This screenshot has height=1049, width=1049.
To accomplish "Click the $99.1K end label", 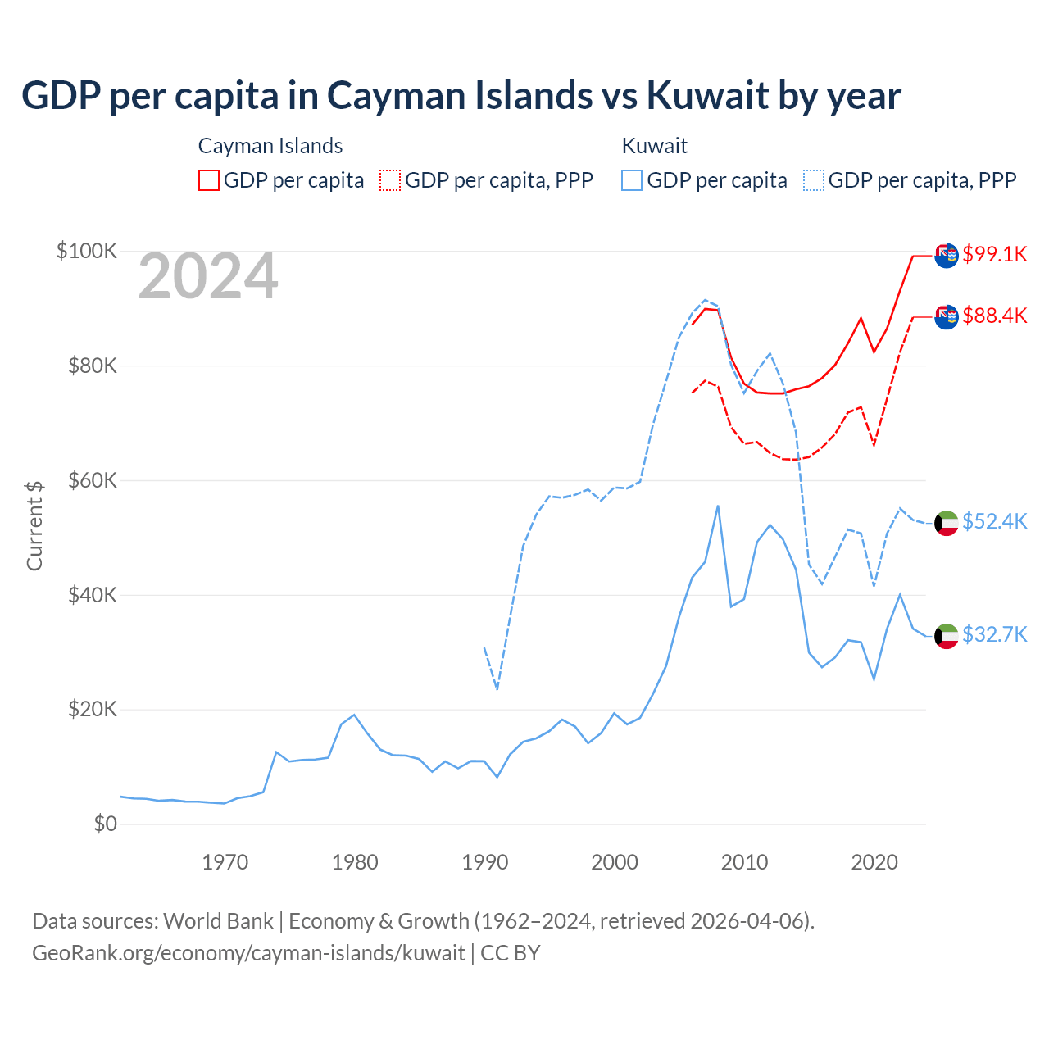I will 994,254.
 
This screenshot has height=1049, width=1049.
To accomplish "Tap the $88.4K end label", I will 994,316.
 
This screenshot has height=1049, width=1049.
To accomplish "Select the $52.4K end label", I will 994,521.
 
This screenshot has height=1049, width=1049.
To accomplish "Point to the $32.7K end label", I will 994,634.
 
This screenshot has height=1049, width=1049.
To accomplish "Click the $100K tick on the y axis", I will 87,251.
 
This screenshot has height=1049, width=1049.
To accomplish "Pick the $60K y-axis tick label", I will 92,480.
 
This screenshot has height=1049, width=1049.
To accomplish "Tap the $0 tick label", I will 105,824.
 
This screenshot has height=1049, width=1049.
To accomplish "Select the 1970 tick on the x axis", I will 225,862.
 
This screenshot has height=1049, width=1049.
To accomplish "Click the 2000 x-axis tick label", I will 615,862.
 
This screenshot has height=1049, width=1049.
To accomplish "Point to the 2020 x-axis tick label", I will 874,862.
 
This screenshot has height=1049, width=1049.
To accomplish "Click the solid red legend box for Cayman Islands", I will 209,180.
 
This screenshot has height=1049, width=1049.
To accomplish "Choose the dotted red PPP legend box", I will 390,180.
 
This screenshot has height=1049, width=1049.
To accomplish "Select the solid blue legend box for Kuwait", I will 632,180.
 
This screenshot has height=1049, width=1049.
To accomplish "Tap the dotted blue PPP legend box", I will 814,180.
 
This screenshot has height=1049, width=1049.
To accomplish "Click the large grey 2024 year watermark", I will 208,277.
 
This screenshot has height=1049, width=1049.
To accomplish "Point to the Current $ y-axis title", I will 34,525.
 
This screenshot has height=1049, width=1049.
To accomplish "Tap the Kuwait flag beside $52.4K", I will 947,522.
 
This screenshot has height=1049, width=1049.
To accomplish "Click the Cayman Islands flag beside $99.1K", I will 947,256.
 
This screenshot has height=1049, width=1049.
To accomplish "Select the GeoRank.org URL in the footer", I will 248,953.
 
